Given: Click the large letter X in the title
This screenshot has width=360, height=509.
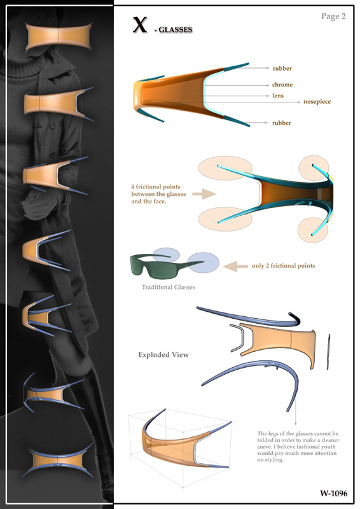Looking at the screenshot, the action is click(140, 25).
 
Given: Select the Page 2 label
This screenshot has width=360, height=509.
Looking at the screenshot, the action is click(333, 17).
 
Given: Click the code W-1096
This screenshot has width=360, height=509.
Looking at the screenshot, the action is click(334, 494).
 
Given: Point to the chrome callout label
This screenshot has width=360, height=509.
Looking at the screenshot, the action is click(282, 85).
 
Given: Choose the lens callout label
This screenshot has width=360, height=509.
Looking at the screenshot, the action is click(278, 96).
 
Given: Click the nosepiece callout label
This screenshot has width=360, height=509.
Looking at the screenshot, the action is click(317, 102).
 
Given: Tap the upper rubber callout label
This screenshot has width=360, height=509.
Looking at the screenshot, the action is click(282, 69).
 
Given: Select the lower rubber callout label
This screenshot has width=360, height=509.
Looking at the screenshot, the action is click(282, 123).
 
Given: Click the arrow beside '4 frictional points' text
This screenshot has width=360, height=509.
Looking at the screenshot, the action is click(204, 194).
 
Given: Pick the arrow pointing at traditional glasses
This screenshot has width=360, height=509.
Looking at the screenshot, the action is click(235, 266).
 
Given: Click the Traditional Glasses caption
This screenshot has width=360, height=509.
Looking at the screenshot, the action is click(169, 288).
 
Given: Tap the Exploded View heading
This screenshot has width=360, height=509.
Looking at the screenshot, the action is click(163, 355).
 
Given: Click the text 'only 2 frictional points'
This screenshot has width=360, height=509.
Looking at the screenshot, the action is click(284, 266).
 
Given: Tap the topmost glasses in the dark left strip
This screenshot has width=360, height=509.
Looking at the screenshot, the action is click(59, 38).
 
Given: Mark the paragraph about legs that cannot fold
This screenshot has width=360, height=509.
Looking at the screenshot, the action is click(298, 447).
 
